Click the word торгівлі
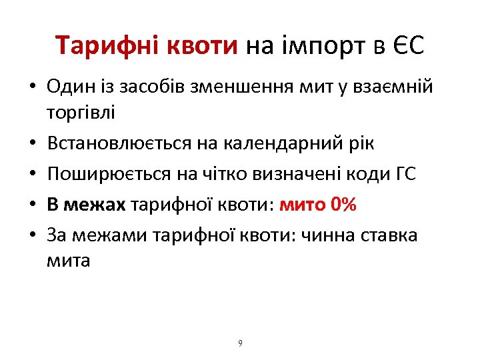coord(81,111)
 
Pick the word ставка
coord(388,234)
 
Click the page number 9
coord(240,343)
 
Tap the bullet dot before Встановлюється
coord(32,144)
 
